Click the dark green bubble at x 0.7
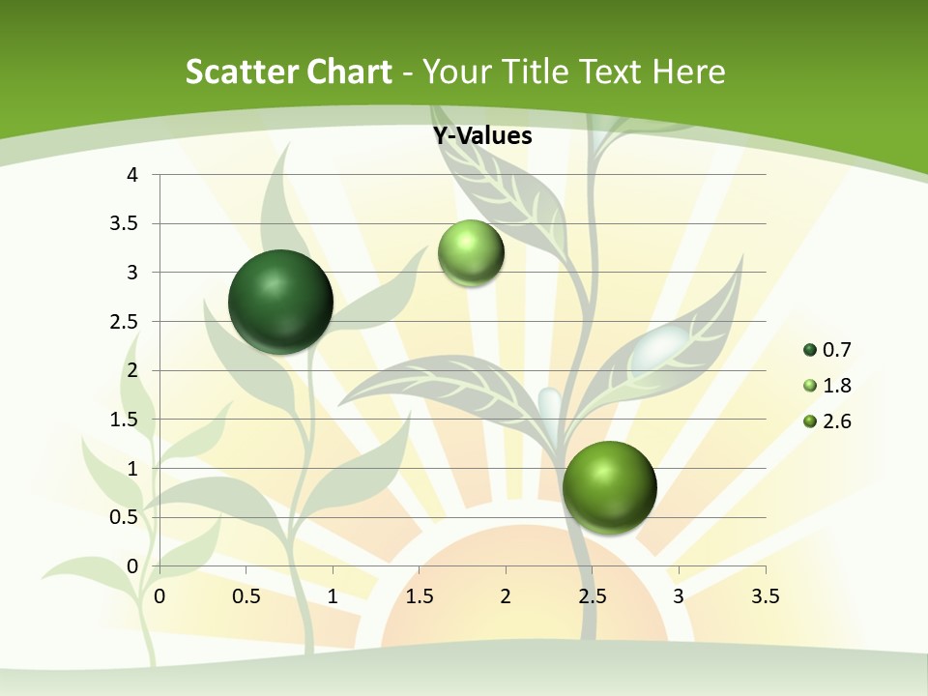coord(280,302)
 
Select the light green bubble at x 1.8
coord(471,252)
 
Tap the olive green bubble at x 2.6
coord(609,487)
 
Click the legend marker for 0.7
coord(810,350)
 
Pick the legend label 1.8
coord(836,386)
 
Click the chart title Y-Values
coord(482,136)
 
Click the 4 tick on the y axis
coord(133,175)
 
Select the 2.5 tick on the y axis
coord(125,322)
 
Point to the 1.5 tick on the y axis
coord(125,420)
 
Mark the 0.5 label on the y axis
coord(125,517)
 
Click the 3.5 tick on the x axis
coord(765,596)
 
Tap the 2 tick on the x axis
coord(506,596)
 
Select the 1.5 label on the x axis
coord(419,596)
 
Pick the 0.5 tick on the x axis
coord(246,596)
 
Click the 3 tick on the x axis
coord(679,596)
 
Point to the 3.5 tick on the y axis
coord(125,224)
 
